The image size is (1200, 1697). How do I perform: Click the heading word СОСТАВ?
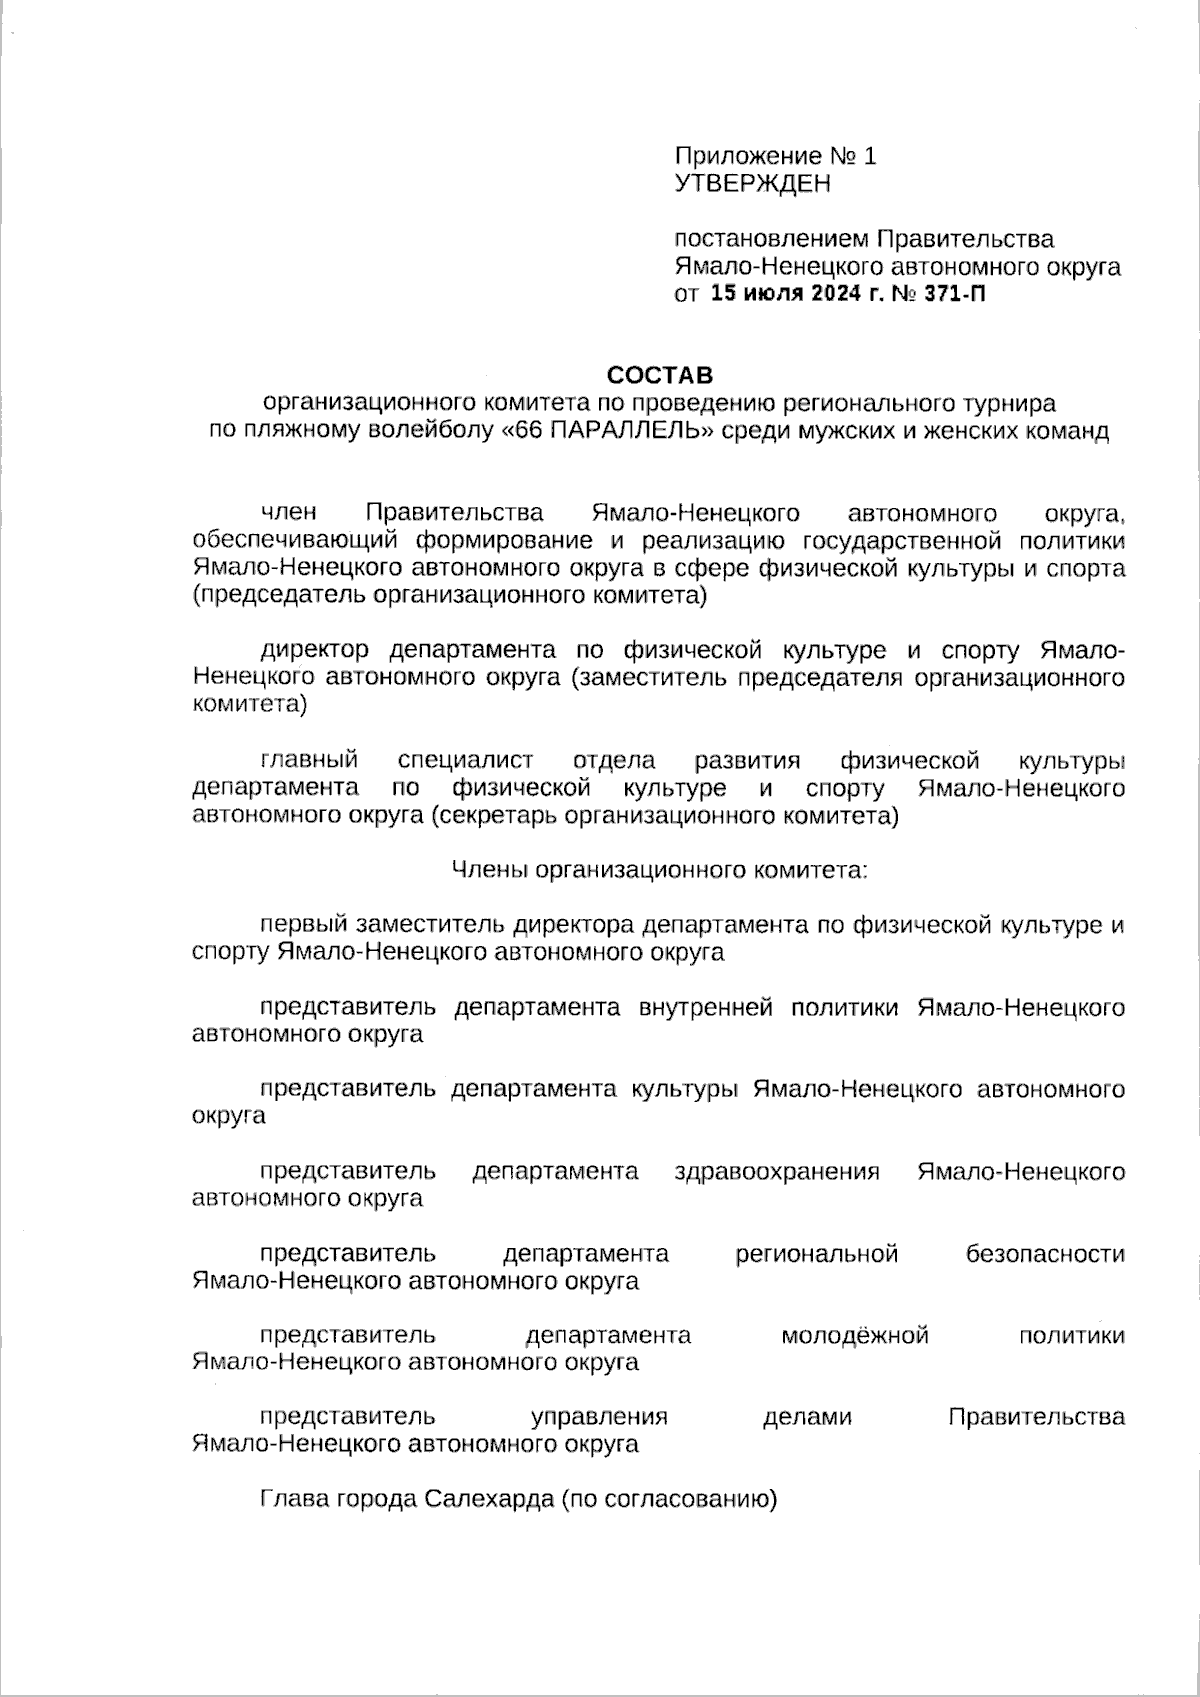point(661,376)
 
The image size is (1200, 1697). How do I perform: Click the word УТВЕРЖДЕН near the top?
point(752,184)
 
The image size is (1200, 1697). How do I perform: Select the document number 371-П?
point(950,295)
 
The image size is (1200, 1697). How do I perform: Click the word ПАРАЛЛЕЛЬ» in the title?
point(632,432)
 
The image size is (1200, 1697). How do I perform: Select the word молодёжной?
point(855,1336)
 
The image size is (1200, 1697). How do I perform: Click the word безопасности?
point(1045,1254)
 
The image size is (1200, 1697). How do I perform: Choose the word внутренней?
point(705,1008)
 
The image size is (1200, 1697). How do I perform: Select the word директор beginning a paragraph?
point(314,651)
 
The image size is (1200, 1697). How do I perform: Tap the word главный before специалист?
point(309,762)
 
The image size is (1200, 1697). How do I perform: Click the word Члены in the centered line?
point(490,871)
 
